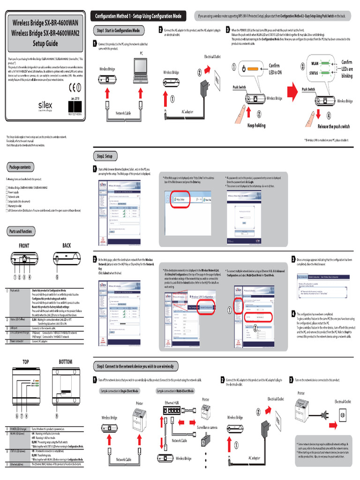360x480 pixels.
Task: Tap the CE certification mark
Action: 71,87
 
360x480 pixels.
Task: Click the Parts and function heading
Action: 21,231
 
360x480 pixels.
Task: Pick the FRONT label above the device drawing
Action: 24,246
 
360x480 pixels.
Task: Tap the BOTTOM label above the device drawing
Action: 65,362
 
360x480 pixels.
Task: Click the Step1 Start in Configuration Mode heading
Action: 118,30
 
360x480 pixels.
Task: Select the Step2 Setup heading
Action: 105,156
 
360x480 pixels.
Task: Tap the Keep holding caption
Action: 256,125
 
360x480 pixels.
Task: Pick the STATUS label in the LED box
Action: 315,73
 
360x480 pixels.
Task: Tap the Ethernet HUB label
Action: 172,403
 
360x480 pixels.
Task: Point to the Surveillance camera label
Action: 207,427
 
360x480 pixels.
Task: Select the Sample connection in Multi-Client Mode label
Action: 175,390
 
